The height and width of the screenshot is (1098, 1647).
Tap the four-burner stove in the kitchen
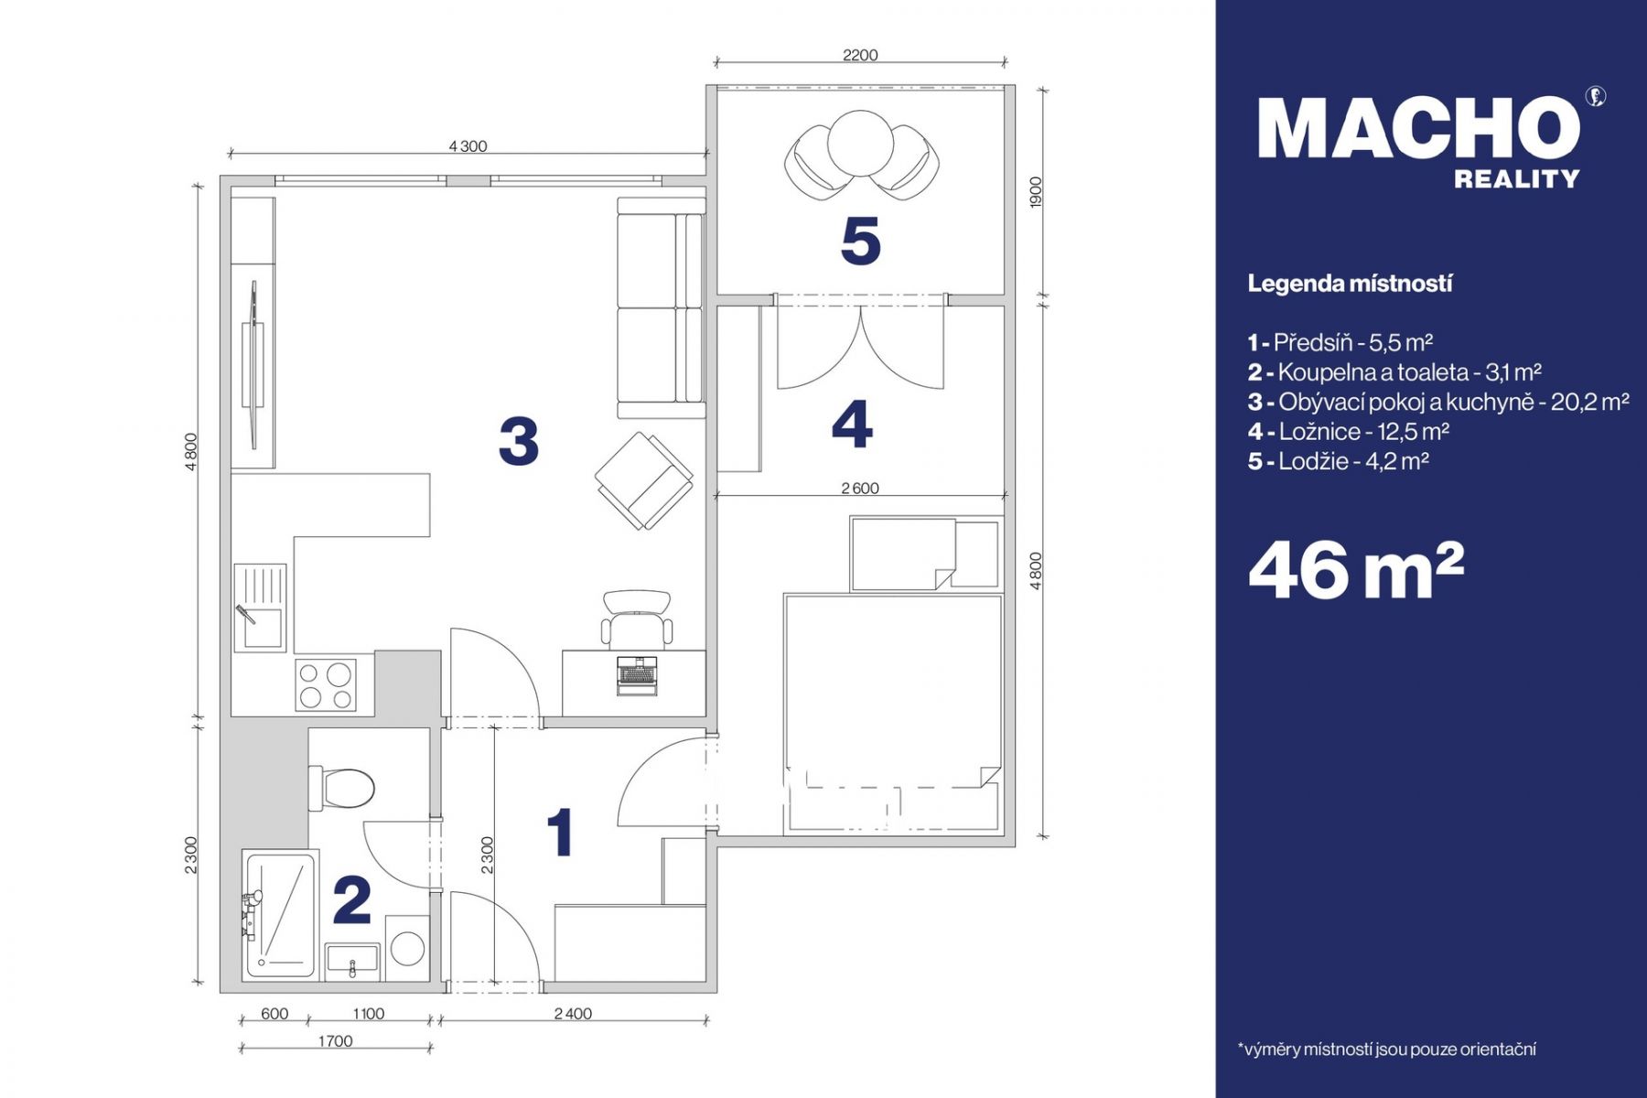click(326, 684)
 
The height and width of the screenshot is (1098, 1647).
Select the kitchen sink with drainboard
click(260, 607)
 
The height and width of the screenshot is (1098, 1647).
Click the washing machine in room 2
click(407, 947)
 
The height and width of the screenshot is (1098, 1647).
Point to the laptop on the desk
click(637, 675)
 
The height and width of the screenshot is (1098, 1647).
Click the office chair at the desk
click(637, 619)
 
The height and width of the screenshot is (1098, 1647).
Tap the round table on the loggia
click(860, 144)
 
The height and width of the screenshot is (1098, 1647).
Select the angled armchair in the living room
click(644, 479)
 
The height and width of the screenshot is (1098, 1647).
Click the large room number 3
click(519, 440)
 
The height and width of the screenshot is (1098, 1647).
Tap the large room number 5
click(860, 241)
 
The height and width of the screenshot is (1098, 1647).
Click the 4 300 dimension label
click(468, 146)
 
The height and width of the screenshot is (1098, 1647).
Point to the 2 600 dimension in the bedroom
click(860, 489)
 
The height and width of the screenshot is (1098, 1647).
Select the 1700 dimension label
click(336, 1041)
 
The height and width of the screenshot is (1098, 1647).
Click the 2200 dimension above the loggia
click(860, 55)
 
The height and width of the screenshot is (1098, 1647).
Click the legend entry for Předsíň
click(1340, 343)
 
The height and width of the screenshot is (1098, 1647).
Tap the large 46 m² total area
click(1356, 570)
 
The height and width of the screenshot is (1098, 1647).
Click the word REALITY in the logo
click(1517, 179)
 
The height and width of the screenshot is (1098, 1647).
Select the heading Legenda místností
click(1350, 284)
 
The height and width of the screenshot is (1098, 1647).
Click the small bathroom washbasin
click(352, 962)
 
